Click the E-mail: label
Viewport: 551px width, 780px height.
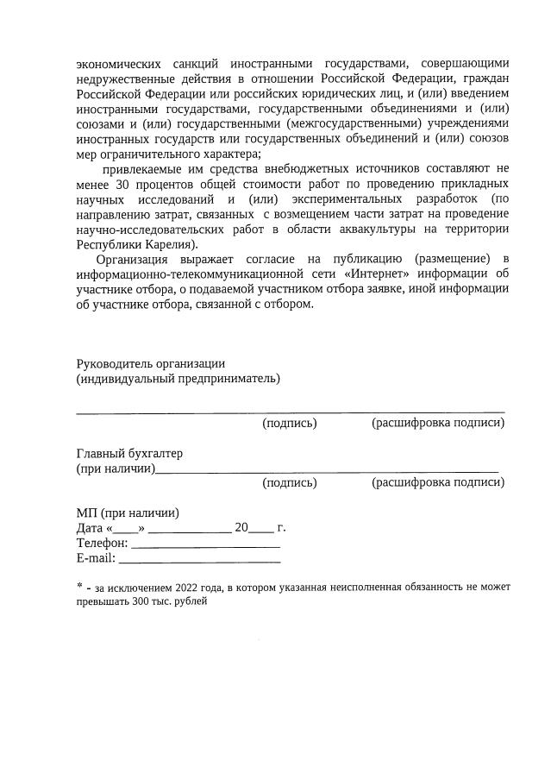pyautogui.click(x=96, y=558)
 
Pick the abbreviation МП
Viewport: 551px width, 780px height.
pyautogui.click(x=86, y=513)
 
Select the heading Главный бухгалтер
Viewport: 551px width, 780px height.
pyautogui.click(x=129, y=454)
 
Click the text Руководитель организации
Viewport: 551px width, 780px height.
pyautogui.click(x=151, y=363)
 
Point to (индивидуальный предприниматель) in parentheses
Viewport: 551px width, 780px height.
pyautogui.click(x=178, y=378)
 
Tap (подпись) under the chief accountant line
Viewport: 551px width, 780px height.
pyautogui.click(x=289, y=483)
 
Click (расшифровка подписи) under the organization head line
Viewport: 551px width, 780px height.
pyautogui.click(x=437, y=423)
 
